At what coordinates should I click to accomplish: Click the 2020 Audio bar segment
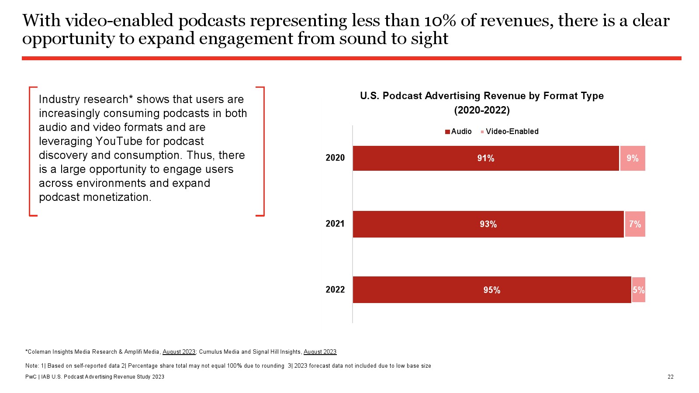tap(486, 158)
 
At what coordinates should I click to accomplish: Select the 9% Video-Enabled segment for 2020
tap(633, 158)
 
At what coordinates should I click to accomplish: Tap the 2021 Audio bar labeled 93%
tap(488, 224)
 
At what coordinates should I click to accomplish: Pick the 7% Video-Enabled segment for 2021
tap(635, 224)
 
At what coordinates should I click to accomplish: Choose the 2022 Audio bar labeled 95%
tap(491, 290)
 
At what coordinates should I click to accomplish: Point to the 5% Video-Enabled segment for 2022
tap(638, 290)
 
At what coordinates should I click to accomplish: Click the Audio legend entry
tap(458, 131)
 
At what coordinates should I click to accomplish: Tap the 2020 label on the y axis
tap(335, 158)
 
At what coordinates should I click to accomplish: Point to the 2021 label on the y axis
tap(335, 224)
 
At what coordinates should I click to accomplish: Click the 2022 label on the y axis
tap(335, 290)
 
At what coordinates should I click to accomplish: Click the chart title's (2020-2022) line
tap(482, 110)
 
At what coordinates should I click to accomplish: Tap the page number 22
tap(670, 377)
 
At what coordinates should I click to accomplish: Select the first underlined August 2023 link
tap(179, 352)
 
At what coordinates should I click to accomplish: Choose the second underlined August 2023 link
tap(320, 352)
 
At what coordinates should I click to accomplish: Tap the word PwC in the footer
tap(31, 377)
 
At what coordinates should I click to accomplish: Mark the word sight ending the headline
tap(429, 39)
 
